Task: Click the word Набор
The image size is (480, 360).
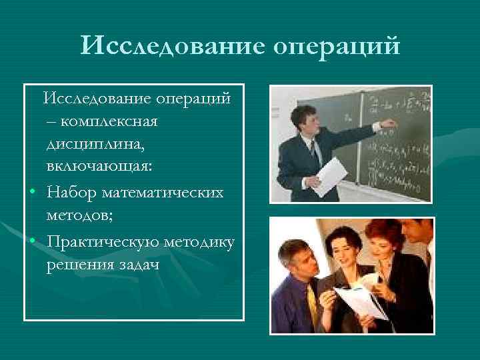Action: pos(72,193)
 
